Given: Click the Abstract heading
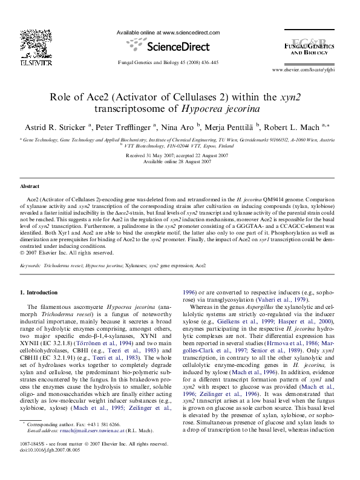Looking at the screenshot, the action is tap(30, 187).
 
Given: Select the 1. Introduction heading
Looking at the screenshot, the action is tap(39, 293).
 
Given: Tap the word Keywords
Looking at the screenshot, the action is tap(30, 265).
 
